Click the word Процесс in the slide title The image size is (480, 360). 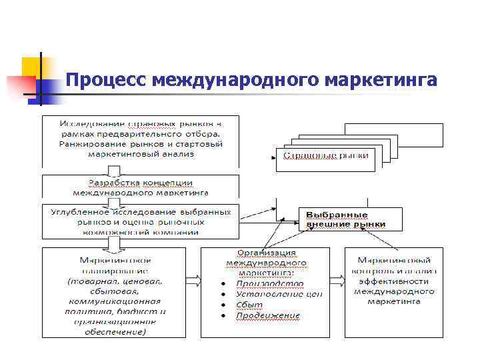pyautogui.click(x=106, y=80)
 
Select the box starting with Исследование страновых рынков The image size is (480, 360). pyautogui.click(x=140, y=140)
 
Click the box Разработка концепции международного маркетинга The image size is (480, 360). pyautogui.click(x=140, y=187)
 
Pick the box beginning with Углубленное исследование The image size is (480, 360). pyautogui.click(x=140, y=221)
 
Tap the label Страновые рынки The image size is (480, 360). pyautogui.click(x=325, y=156)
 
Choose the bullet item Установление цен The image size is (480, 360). pyautogui.click(x=279, y=294)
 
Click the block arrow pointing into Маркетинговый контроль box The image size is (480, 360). pyautogui.click(x=337, y=280)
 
